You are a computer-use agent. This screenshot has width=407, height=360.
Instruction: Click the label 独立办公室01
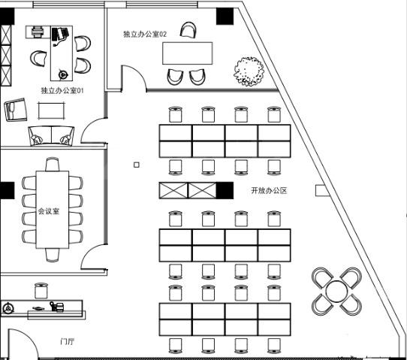pos(62,90)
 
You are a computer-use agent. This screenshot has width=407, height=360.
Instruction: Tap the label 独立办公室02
pos(145,34)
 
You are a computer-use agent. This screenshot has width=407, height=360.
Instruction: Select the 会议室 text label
pos(49,211)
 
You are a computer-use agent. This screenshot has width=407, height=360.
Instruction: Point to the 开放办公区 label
pos(269,190)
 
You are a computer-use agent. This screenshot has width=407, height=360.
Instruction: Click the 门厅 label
pos(68,341)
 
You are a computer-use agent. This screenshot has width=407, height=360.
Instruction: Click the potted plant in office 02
pos(249,71)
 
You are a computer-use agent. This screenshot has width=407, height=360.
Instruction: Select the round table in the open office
pos(336,292)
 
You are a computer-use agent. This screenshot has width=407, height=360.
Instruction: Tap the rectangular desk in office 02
pos(188,53)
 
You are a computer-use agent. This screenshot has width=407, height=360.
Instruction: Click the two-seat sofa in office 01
pos(51,136)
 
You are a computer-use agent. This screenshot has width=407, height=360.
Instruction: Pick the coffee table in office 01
pos(51,111)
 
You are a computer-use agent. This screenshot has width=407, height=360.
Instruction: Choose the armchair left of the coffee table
pos(16,109)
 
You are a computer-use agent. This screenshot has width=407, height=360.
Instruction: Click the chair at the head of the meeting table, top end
pos(52,164)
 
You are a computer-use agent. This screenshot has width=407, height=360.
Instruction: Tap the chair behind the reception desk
pos(41,291)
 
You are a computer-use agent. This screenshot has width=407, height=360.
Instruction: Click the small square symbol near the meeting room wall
pos(136,165)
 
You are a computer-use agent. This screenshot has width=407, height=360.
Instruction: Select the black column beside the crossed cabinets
pos(225,190)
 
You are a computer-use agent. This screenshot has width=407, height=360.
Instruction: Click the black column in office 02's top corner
pos(225,16)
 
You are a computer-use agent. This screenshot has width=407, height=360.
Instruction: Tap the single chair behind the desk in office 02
pos(188,30)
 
